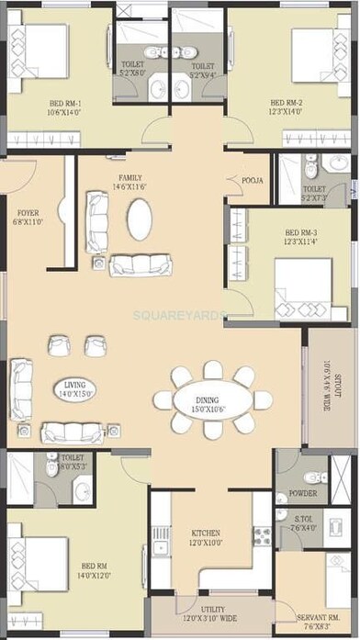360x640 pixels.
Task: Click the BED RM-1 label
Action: tap(66, 103)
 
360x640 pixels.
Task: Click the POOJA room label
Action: tap(253, 180)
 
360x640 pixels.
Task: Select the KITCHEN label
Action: tap(206, 533)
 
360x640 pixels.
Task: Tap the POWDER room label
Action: tap(302, 494)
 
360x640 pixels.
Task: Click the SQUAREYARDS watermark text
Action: tap(179, 314)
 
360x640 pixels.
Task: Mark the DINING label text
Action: tap(207, 399)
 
